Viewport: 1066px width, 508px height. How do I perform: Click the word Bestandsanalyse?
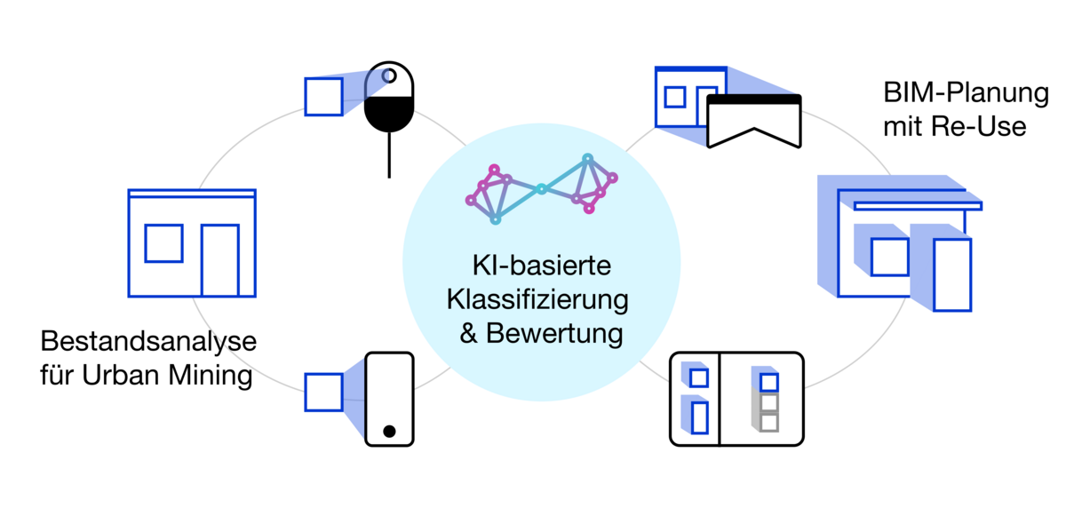tap(148, 342)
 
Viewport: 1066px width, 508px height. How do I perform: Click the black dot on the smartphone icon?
tap(389, 432)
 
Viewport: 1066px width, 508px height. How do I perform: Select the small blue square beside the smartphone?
tap(323, 393)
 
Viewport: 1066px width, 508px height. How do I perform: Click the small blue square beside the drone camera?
tap(323, 97)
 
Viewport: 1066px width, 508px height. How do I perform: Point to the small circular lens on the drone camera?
tap(389, 76)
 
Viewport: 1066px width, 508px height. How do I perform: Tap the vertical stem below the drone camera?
tap(389, 155)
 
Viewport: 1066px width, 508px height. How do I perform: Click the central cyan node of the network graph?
tap(540, 188)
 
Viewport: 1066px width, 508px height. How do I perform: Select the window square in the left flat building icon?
tap(163, 243)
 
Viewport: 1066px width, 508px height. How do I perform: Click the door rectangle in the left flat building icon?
tap(219, 260)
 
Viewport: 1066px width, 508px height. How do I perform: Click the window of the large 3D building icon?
tap(889, 258)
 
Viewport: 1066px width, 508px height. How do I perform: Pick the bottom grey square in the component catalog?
tap(769, 421)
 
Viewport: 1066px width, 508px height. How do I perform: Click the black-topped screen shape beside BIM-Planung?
tap(754, 121)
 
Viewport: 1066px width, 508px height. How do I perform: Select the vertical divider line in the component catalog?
tap(719, 399)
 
